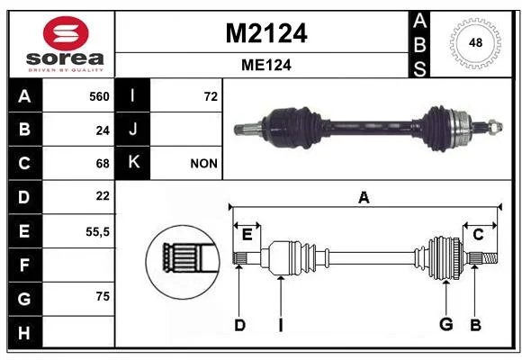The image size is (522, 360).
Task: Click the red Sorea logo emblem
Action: (66, 33)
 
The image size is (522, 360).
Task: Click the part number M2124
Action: (266, 33)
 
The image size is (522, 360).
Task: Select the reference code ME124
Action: (266, 65)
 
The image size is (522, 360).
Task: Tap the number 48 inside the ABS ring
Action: (475, 42)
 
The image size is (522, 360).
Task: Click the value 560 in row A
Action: (99, 96)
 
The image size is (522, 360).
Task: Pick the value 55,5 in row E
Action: (97, 232)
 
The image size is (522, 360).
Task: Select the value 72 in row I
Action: (211, 96)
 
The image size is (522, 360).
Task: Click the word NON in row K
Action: (203, 164)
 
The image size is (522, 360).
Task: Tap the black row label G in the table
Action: (25, 299)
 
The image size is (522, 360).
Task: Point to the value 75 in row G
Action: (103, 296)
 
